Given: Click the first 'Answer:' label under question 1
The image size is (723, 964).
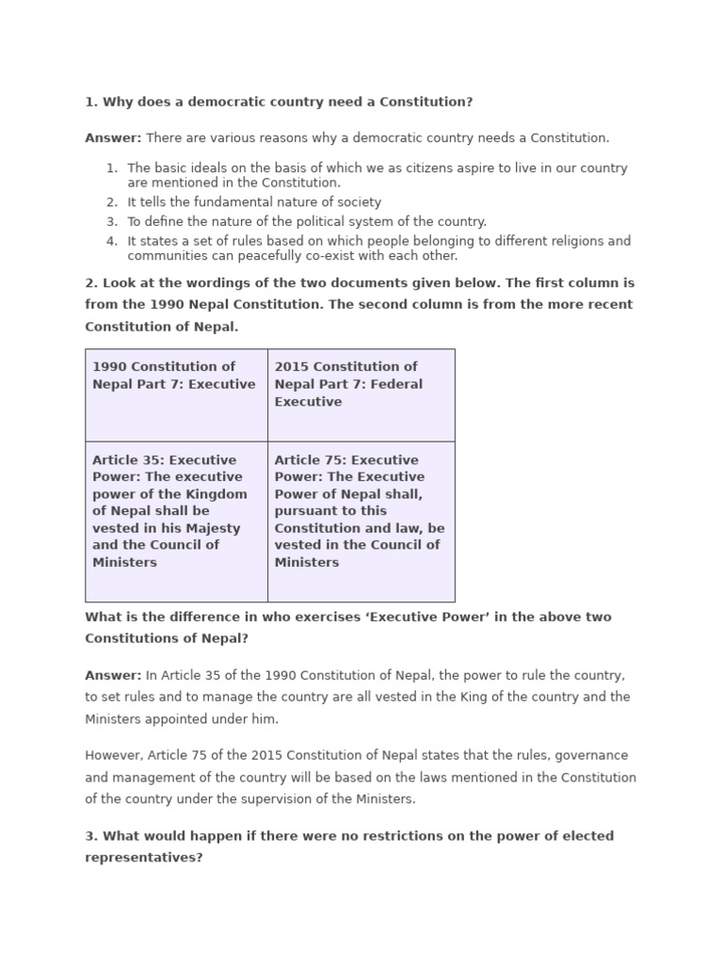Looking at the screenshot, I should (113, 138).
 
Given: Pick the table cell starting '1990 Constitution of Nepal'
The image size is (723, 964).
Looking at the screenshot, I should (176, 394).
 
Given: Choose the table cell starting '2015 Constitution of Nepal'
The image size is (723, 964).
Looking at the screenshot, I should (361, 394).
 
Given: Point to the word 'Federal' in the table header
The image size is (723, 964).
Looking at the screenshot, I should (397, 384).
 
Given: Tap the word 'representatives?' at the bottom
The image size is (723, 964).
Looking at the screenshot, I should (144, 859).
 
